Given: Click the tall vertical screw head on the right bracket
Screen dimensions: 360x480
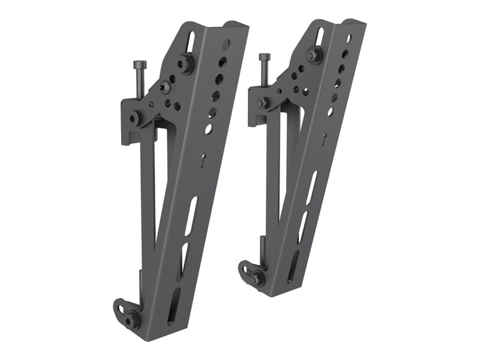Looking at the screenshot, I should (265, 58).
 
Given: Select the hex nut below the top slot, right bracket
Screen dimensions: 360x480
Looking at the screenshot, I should (312, 55).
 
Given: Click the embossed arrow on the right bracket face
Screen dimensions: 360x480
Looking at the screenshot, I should (324, 139).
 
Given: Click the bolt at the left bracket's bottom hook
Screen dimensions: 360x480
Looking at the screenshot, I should (131, 320).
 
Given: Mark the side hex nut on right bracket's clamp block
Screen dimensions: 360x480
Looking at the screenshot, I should (262, 103).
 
